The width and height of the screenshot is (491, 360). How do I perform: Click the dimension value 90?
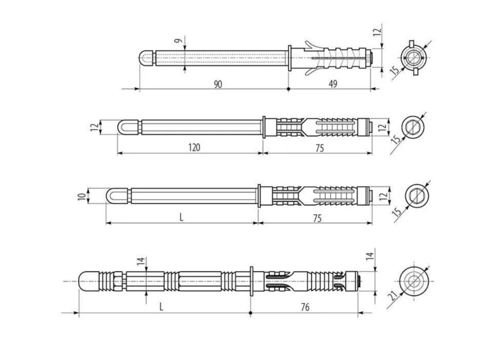tap(218, 84)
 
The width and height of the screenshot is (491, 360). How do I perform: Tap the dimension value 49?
tap(333, 84)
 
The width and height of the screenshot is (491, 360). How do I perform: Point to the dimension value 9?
tap(178, 41)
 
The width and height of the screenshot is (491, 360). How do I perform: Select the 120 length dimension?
tap(194, 147)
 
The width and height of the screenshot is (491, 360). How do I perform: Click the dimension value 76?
tap(305, 307)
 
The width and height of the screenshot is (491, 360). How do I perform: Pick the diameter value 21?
tap(393, 295)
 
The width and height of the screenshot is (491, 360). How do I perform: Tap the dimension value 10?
tap(82, 197)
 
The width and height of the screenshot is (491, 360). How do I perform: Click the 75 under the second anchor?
tap(319, 148)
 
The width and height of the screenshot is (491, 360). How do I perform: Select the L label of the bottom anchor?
tap(161, 307)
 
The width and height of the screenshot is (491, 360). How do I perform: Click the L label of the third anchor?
tap(181, 217)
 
